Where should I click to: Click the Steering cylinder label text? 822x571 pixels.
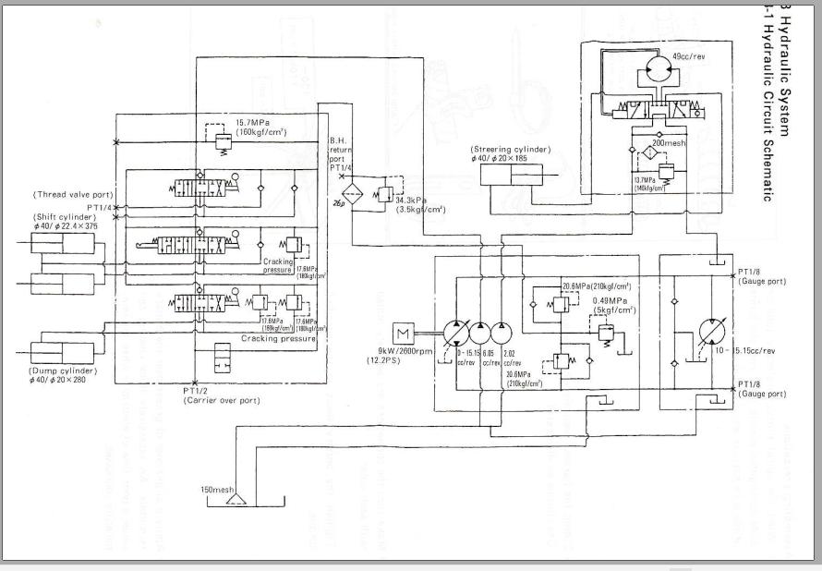[510, 149]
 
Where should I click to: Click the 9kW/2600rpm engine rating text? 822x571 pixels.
[404, 350]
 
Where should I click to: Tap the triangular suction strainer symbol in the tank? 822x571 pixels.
[236, 501]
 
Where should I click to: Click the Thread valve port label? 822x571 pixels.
[73, 195]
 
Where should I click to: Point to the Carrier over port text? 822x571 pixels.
[221, 400]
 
